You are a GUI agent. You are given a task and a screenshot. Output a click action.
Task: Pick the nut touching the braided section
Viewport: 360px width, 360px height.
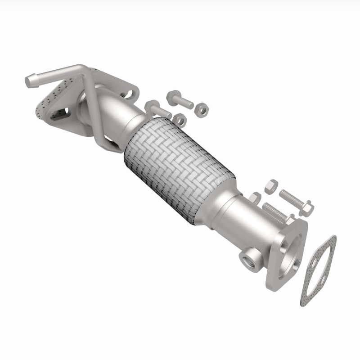180,119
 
